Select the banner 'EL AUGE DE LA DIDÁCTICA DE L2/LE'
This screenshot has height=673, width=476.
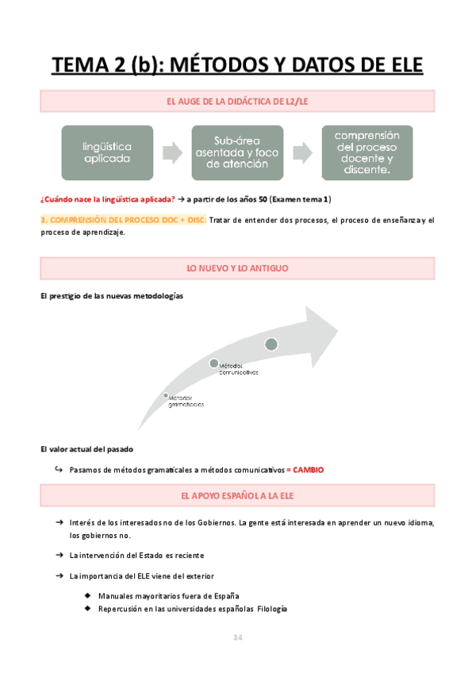[238, 101]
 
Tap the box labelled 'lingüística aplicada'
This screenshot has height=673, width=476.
[108, 152]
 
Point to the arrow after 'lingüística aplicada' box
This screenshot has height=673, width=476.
[172, 152]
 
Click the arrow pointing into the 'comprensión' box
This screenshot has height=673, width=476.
[301, 152]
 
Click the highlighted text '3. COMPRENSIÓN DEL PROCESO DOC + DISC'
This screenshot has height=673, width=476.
[122, 220]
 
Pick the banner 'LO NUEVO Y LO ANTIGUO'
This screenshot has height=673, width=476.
[238, 269]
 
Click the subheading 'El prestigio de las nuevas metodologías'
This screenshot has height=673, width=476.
[111, 296]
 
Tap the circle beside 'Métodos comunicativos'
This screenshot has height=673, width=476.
[213, 363]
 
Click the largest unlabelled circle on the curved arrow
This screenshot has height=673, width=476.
[271, 344]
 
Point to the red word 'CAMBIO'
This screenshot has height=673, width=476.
[309, 470]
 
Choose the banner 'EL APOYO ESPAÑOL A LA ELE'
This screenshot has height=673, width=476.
[238, 496]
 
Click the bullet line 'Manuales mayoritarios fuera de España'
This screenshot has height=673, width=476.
[169, 595]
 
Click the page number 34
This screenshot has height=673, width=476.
[237, 637]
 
